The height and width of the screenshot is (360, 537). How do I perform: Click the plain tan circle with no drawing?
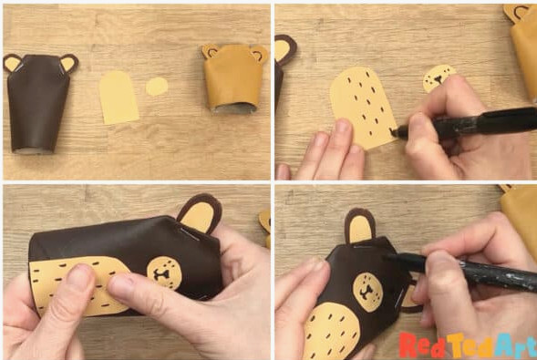[x=157, y=87]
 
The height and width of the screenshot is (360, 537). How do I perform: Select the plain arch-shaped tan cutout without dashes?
[x=119, y=98]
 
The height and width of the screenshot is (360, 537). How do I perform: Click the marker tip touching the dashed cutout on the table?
[x=392, y=132]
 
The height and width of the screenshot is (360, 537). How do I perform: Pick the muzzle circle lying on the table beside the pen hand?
[x=439, y=77]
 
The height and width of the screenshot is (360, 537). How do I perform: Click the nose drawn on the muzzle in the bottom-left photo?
[x=161, y=274]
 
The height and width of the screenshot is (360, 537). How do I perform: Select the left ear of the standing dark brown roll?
[x=12, y=63]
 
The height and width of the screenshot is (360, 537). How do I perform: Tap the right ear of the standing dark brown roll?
[x=69, y=63]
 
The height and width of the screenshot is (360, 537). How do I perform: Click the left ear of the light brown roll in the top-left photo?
[x=210, y=51]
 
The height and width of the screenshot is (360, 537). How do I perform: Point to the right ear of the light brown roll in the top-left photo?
[x=259, y=54]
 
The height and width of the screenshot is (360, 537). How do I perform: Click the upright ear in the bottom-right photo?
[x=359, y=226]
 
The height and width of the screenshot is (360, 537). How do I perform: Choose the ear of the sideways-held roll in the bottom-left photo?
[x=199, y=213]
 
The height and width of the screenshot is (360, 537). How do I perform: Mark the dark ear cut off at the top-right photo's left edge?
[x=284, y=49]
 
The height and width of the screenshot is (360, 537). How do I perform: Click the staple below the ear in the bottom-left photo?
[x=189, y=234]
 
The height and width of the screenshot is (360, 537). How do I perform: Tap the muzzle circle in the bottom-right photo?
[x=367, y=292]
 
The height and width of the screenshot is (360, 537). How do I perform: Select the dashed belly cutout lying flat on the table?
[x=363, y=108]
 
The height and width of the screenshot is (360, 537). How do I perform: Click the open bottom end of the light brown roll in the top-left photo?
[x=232, y=108]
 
